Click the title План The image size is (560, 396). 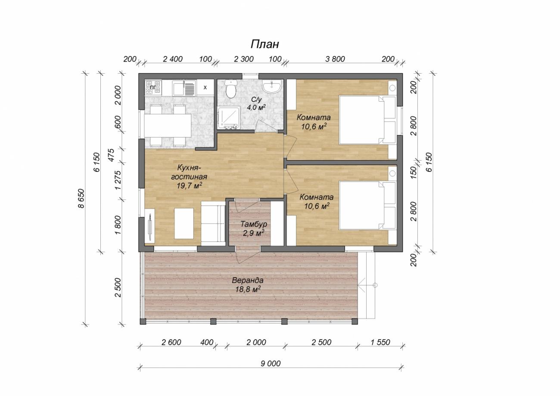(265, 44)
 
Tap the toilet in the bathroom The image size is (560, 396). (230, 89)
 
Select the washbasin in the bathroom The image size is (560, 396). (271, 87)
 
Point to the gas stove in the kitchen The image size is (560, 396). (153, 87)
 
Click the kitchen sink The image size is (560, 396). (184, 88)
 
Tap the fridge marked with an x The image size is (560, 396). (205, 87)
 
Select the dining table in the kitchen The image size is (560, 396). (168, 125)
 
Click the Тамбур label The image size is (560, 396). (253, 224)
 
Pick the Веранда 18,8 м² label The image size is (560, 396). (248, 285)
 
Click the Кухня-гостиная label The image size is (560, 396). (189, 172)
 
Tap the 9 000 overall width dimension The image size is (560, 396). (271, 364)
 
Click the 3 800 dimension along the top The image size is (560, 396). (335, 59)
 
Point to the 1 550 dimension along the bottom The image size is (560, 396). (380, 342)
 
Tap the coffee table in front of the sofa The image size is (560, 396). (184, 224)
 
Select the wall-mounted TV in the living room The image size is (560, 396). (150, 226)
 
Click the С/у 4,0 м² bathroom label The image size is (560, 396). (256, 103)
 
